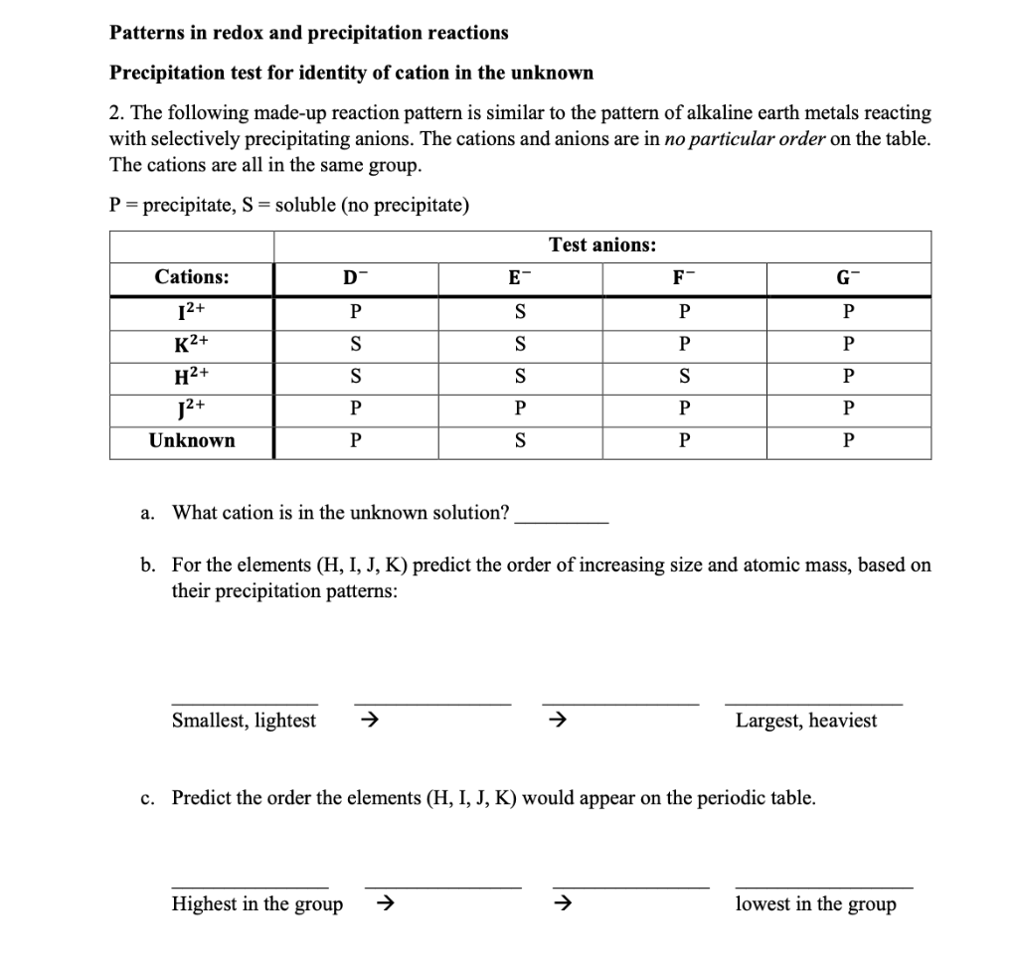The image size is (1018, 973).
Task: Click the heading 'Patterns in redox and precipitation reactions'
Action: pos(308,33)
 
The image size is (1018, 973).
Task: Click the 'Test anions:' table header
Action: pos(601,244)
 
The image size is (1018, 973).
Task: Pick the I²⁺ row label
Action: pos(192,311)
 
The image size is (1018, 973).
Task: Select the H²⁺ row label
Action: pos(192,376)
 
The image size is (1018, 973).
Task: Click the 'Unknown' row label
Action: pos(192,440)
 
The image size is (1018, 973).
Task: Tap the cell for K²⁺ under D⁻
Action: pos(355,344)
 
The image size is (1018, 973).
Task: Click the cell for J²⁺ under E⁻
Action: pos(519,408)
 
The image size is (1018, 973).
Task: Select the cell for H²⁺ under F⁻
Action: pos(684,376)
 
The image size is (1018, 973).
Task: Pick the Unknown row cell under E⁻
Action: pos(519,440)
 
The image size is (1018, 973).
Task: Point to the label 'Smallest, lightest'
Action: pos(244,721)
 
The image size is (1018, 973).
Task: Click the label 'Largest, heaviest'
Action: pos(806,721)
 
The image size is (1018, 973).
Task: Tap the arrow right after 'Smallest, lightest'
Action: pos(367,721)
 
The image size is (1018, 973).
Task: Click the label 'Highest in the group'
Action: pos(256,903)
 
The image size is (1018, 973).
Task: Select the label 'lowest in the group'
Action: pos(815,903)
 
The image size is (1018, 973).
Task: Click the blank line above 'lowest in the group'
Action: pos(823,885)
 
